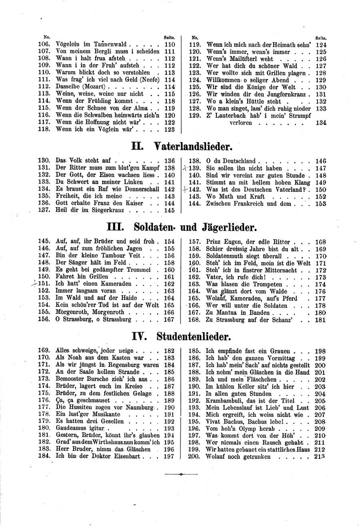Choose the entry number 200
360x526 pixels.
tap(194, 456)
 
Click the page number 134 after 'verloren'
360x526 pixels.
tap(321, 123)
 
